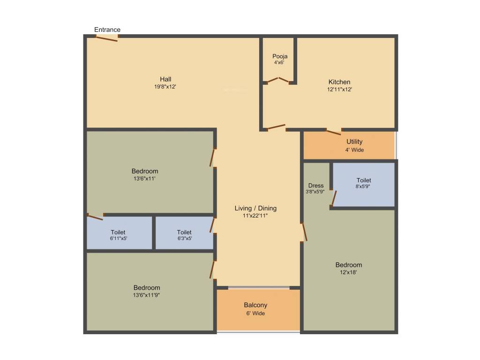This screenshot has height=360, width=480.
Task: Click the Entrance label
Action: (x=107, y=30)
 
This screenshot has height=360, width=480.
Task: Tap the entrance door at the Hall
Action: (x=107, y=38)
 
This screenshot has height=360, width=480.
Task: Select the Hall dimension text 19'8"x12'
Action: (x=165, y=86)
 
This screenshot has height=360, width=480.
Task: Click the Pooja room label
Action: (x=279, y=56)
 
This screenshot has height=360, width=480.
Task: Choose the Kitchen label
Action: (x=339, y=82)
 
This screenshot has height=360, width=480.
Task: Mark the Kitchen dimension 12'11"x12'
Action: (x=339, y=90)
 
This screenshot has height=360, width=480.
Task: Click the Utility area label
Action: (x=354, y=142)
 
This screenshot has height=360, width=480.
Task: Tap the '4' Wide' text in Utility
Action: (x=354, y=150)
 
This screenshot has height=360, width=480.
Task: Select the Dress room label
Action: (x=316, y=186)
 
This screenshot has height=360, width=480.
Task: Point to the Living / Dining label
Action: (x=255, y=208)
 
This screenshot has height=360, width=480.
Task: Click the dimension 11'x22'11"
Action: (x=255, y=216)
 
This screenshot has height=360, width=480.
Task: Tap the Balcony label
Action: (x=255, y=305)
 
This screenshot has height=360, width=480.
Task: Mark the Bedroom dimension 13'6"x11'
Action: (x=144, y=179)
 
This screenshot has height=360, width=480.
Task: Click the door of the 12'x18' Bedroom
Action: (x=304, y=232)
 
